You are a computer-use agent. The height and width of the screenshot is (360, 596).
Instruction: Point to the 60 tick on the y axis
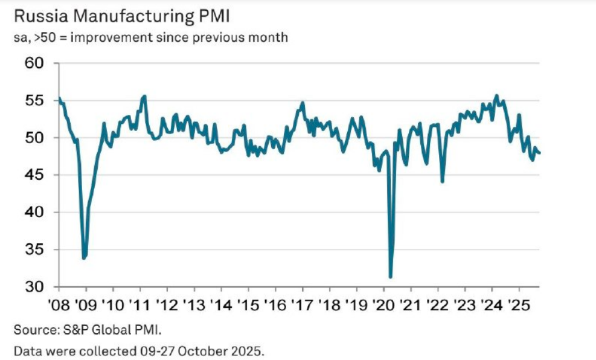click(x=37, y=63)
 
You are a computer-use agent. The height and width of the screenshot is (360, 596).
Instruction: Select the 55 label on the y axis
click(x=37, y=100)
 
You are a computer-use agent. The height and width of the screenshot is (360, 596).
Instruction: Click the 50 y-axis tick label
click(x=37, y=138)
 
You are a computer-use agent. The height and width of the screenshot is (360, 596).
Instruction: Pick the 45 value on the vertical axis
click(x=37, y=175)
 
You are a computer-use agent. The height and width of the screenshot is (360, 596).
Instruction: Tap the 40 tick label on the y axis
click(x=37, y=213)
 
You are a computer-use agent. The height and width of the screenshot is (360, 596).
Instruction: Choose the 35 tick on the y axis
click(x=37, y=249)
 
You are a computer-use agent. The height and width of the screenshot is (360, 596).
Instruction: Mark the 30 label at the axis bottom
click(x=37, y=287)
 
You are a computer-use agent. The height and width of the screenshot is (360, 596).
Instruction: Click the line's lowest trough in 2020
click(x=391, y=277)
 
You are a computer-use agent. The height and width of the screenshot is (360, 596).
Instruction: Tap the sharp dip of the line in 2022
click(x=443, y=182)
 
